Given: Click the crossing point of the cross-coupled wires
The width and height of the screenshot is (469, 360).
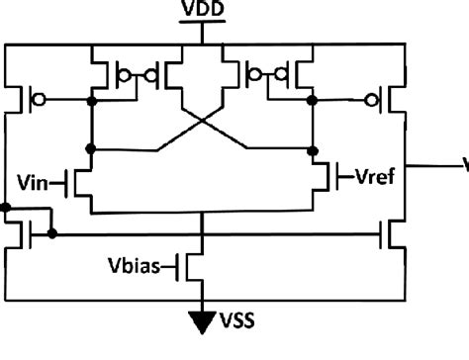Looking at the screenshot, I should coord(203,127).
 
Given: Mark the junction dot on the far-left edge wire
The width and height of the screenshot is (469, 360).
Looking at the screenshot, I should coord(7,209).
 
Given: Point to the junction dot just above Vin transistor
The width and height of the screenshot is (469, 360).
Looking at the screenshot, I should coord(91,150).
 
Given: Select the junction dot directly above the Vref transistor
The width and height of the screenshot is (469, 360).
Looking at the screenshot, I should coord(315,150).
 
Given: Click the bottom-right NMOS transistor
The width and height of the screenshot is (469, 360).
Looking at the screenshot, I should coord(394,235).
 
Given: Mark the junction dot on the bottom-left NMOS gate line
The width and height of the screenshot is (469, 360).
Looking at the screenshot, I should coord(52,235).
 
